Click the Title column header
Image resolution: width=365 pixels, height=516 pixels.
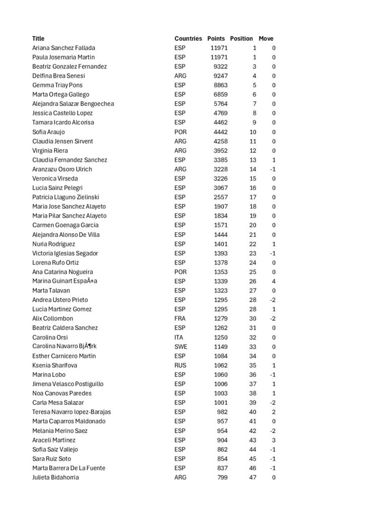coord(38,39)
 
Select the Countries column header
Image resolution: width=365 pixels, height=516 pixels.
coord(188,39)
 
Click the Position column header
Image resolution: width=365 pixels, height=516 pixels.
coord(241,39)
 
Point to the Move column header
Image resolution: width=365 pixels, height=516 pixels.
coord(266,39)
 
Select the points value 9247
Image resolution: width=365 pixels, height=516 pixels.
coord(219,76)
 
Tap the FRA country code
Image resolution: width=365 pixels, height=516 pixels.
coord(179,318)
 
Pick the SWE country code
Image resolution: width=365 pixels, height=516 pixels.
coord(180,347)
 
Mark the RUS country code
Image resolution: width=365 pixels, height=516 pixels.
coord(179,365)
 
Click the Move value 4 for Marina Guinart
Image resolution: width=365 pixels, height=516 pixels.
coord(273,281)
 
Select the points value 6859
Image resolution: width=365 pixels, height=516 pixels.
coord(219,95)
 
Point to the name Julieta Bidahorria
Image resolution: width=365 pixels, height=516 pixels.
coord(55,477)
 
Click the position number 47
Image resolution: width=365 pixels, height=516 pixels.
coord(253,477)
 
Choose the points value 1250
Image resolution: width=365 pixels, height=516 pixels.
coord(219,337)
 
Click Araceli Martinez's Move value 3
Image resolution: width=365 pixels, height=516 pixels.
coord(273,440)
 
